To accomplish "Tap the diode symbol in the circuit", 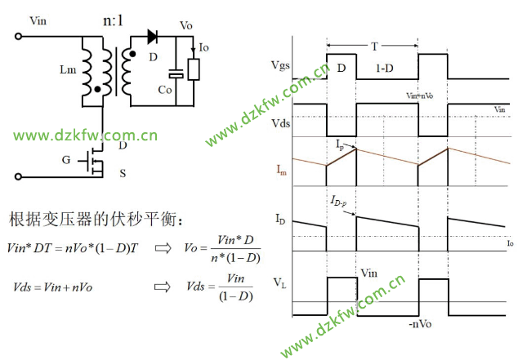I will coord(152,36).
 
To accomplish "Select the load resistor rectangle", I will coord(194,69).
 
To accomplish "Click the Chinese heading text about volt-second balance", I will coord(89,220).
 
